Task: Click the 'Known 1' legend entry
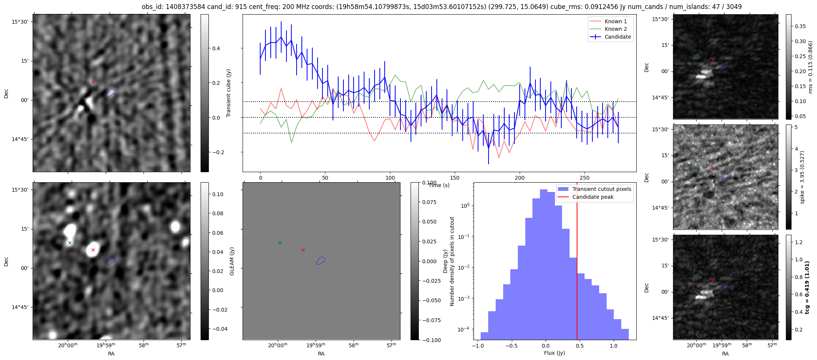click(x=615, y=21)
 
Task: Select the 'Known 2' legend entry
click(x=615, y=29)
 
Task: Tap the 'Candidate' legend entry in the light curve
click(x=618, y=37)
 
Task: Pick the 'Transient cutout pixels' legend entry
click(x=601, y=189)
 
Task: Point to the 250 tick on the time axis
click(x=585, y=178)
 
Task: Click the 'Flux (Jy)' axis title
click(x=555, y=353)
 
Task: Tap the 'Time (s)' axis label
click(x=439, y=185)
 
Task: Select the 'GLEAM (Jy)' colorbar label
click(x=232, y=261)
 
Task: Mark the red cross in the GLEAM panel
click(x=93, y=250)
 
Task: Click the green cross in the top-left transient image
click(x=70, y=75)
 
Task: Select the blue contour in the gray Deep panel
click(x=321, y=260)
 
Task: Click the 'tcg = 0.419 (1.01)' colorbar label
click(x=807, y=287)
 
